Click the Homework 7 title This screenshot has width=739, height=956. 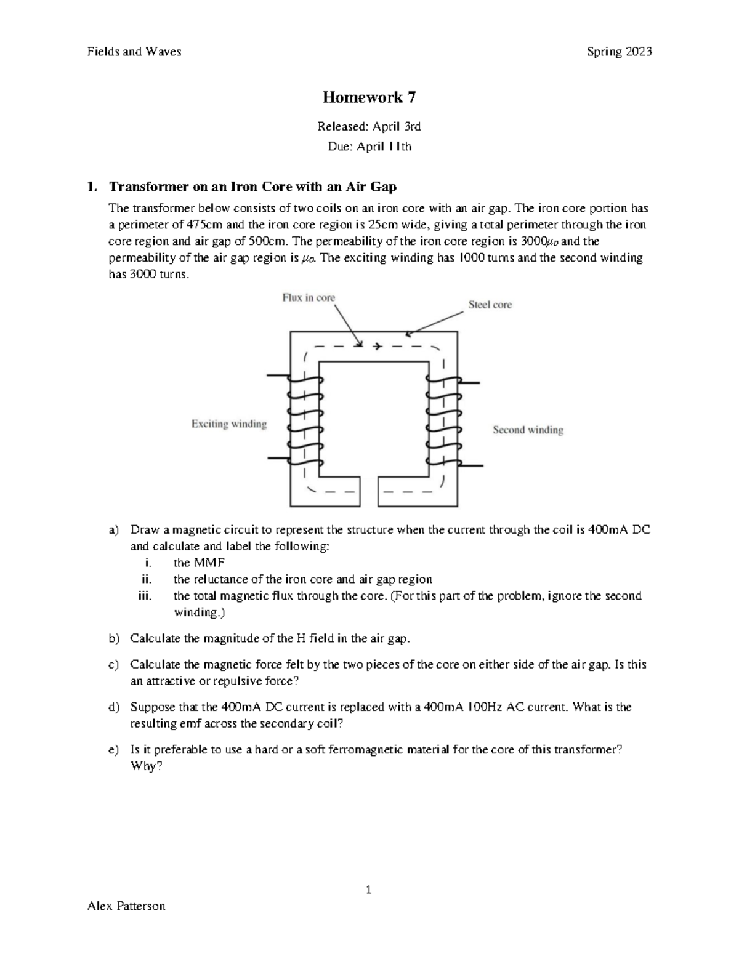point(369,97)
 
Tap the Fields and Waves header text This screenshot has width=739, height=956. point(134,52)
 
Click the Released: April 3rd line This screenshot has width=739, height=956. point(369,127)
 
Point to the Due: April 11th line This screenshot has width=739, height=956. point(369,147)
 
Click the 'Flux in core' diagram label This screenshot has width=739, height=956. point(309,298)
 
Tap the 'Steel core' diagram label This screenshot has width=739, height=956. point(490,305)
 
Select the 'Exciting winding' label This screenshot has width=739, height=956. point(229,424)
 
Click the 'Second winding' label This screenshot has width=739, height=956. point(528,430)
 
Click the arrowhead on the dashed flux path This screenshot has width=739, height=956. point(377,347)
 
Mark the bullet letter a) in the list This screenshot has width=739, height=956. point(113,530)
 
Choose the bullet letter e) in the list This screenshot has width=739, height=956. point(113,750)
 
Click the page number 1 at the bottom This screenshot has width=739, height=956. point(369,890)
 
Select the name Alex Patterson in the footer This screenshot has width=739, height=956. point(126,906)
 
